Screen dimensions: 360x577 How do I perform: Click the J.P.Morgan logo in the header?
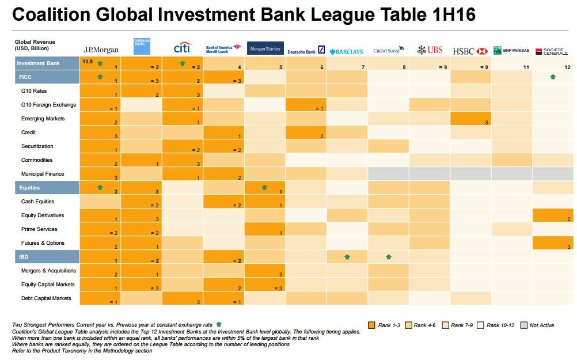click(x=101, y=50)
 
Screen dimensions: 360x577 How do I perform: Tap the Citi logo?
click(x=182, y=48)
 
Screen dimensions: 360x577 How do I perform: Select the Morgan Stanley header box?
click(x=265, y=49)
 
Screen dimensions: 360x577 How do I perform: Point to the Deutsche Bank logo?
click(x=306, y=51)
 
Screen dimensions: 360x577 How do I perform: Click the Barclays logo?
click(x=347, y=51)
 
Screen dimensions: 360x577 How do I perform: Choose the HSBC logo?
click(x=470, y=51)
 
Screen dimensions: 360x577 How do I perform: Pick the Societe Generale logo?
click(x=551, y=51)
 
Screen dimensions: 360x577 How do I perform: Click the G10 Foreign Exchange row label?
click(x=48, y=105)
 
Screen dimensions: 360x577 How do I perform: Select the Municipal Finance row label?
click(x=43, y=174)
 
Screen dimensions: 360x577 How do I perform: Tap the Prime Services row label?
click(x=39, y=229)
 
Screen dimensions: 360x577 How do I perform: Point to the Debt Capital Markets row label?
click(x=46, y=298)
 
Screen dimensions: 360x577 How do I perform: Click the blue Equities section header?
click(x=47, y=188)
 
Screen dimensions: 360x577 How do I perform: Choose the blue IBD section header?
click(x=47, y=257)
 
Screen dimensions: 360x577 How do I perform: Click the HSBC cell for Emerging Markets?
click(x=470, y=119)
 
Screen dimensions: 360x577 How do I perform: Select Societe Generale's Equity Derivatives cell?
click(x=553, y=215)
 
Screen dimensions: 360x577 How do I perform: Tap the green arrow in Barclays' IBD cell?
click(x=347, y=257)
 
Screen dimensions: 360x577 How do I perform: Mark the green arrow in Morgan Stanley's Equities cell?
click(x=264, y=187)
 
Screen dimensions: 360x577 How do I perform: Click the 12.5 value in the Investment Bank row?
click(x=88, y=60)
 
